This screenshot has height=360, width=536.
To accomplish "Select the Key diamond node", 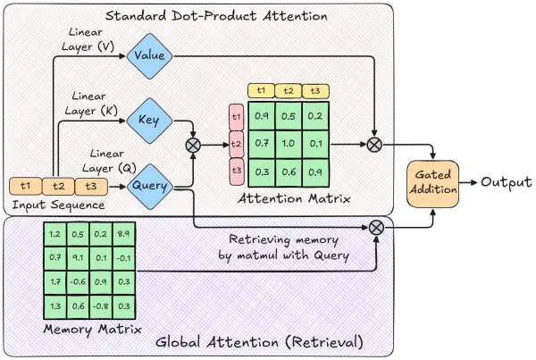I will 148,120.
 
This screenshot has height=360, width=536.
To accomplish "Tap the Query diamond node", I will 148,186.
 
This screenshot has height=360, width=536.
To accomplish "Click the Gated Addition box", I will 432,182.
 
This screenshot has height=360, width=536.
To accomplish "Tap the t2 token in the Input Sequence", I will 58,186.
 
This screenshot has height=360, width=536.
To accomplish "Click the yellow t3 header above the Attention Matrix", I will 314,90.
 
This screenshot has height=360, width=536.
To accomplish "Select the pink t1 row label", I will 237,115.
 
